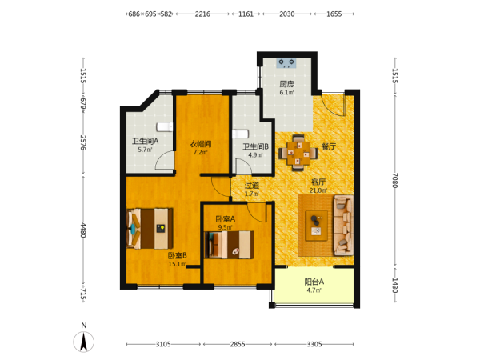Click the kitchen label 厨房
(286, 84)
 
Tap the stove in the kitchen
(286, 63)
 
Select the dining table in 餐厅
(298, 153)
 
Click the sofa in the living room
(343, 226)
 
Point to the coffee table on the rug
(317, 226)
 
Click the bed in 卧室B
(150, 228)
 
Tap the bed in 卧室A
(230, 245)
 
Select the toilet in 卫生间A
(165, 126)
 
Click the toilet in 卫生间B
(240, 134)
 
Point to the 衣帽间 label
(201, 143)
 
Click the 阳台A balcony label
(314, 282)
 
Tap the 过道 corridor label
(252, 186)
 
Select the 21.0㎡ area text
(318, 190)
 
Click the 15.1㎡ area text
(178, 264)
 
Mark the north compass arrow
(83, 342)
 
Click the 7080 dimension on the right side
(395, 181)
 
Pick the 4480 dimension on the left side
(83, 230)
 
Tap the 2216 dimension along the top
(202, 14)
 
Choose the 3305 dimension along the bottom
(314, 344)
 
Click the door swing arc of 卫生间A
(161, 158)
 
